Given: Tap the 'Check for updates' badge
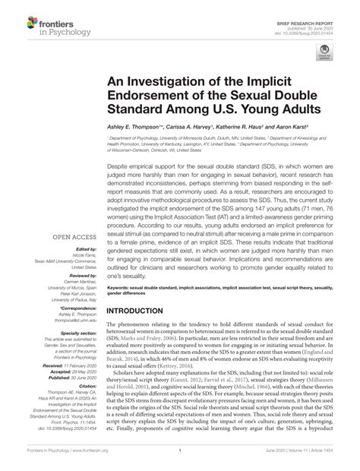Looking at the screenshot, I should pos(325,54).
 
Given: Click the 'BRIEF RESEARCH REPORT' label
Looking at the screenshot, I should pos(318,6).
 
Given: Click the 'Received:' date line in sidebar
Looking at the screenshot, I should pos(71,345).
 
